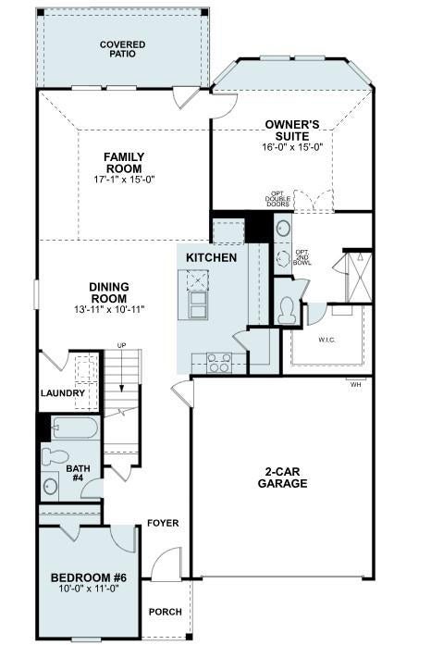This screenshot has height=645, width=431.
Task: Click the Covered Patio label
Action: pos(123,49)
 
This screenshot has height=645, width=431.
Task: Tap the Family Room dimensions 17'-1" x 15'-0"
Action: pos(124,180)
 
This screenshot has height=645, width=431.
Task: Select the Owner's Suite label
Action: pos(292,130)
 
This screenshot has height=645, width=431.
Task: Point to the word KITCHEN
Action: pos(212,257)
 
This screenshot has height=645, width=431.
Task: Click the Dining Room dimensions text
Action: pos(109,309)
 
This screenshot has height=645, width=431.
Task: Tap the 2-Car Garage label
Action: pos(282,478)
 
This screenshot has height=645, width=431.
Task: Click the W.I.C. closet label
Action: pos(327,341)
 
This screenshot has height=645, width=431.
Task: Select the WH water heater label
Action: pos(355,386)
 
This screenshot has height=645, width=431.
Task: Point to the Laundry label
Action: pos(63,393)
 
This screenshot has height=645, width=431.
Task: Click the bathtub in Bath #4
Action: pos(75,428)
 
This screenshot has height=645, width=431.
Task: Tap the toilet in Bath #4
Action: pos(55,456)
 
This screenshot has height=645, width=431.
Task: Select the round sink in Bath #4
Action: pos(50,487)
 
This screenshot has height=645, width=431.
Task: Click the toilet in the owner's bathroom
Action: pos(286,310)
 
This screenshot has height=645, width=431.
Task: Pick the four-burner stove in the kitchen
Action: pos(219,363)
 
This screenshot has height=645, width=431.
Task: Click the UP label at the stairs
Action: pos(121,345)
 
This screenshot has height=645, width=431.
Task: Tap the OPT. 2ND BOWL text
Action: pos(302,257)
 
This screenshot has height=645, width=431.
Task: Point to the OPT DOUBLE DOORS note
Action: pos(277,199)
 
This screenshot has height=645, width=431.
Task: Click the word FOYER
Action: pos(164,523)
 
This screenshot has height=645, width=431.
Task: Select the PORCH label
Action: pos(166,612)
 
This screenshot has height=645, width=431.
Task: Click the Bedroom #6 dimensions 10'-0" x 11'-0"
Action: pos(89,589)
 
